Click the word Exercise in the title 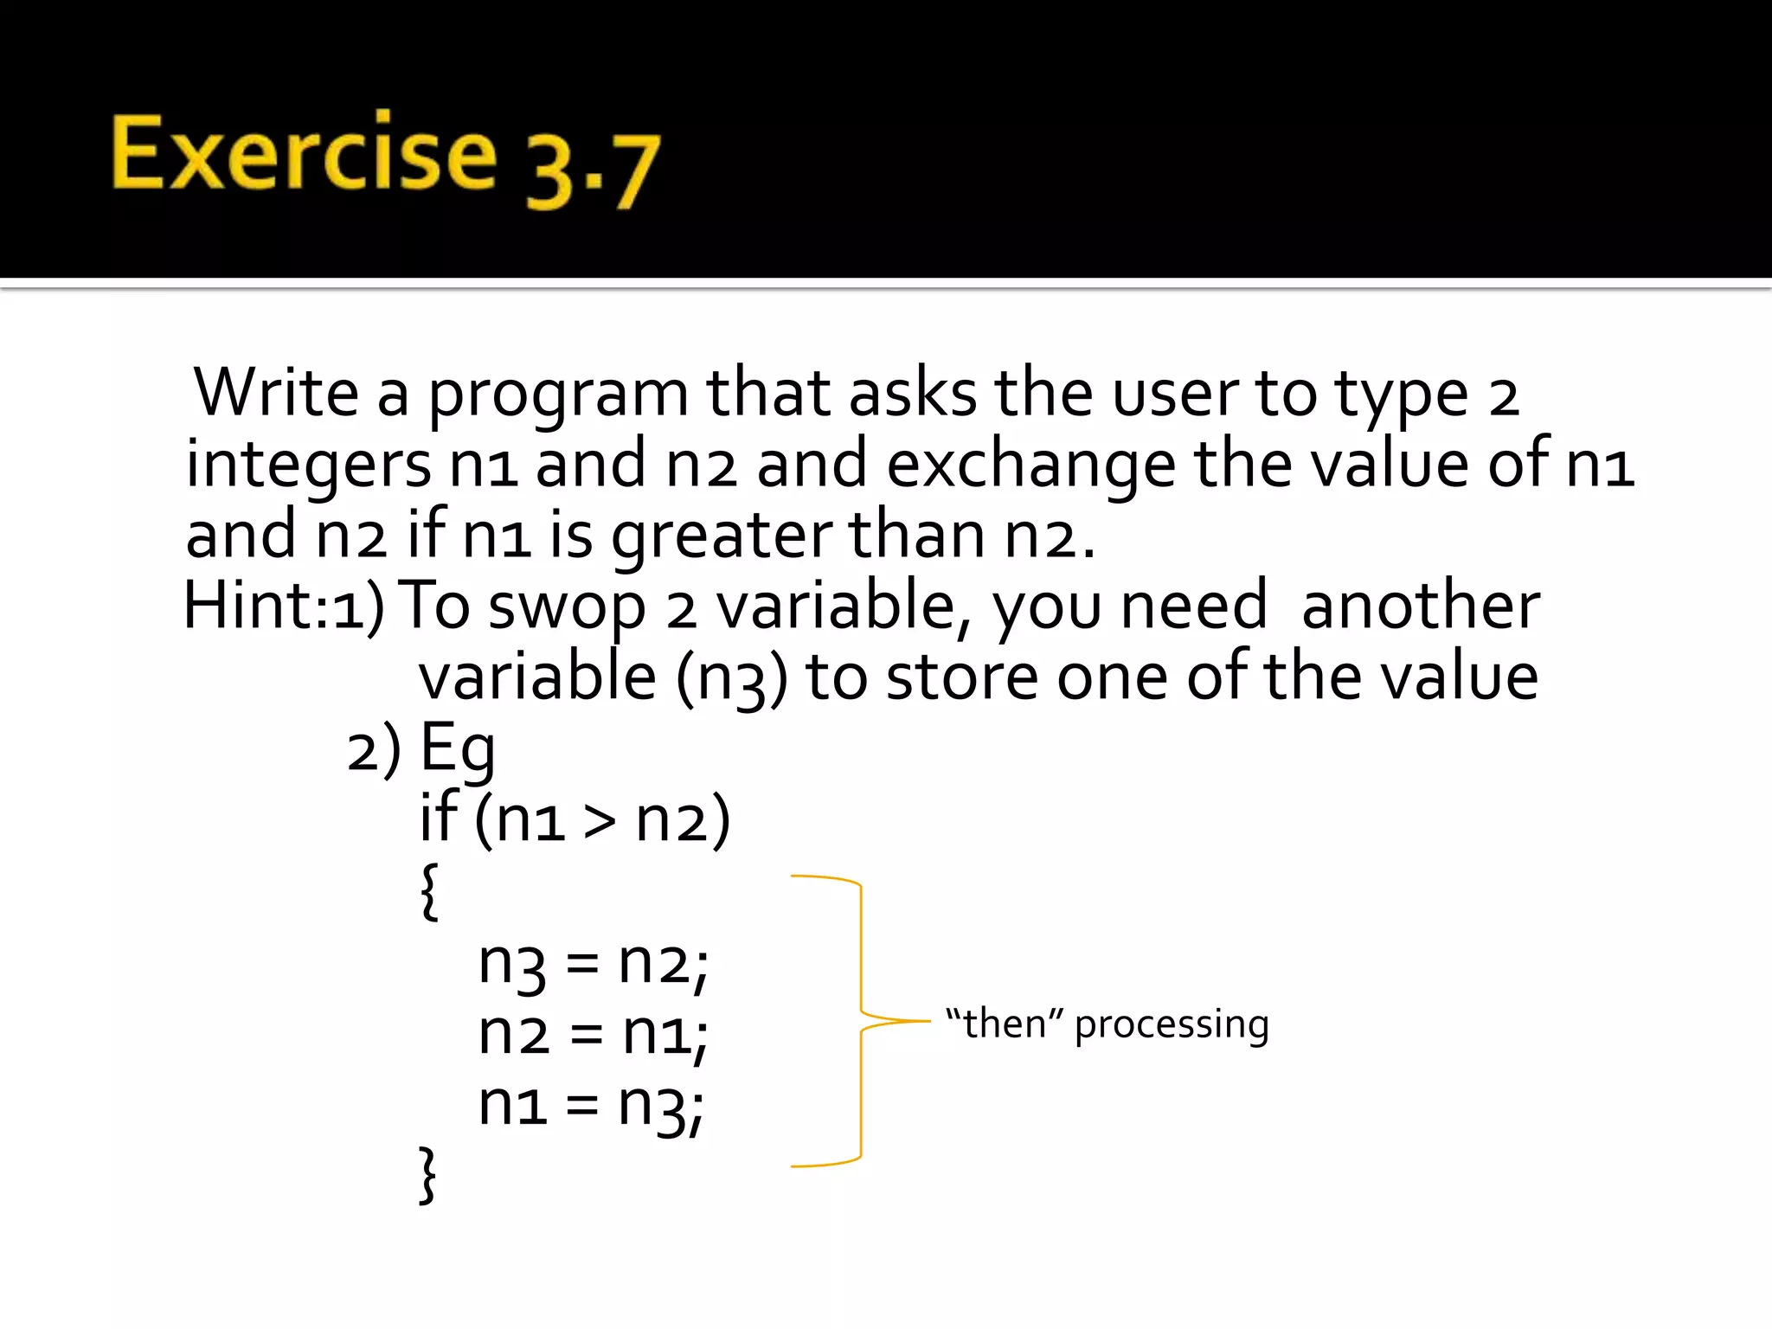(x=304, y=154)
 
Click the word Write (x=275, y=393)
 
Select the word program (x=558, y=396)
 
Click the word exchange (x=1030, y=465)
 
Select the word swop (x=567, y=608)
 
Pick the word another (x=1420, y=605)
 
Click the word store (x=961, y=677)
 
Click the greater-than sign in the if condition (x=599, y=820)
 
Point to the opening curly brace (x=429, y=891)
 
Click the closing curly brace (x=427, y=1175)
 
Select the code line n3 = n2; (x=593, y=963)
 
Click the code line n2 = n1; (x=593, y=1034)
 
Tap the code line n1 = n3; (x=591, y=1105)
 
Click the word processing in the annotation (x=1172, y=1025)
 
